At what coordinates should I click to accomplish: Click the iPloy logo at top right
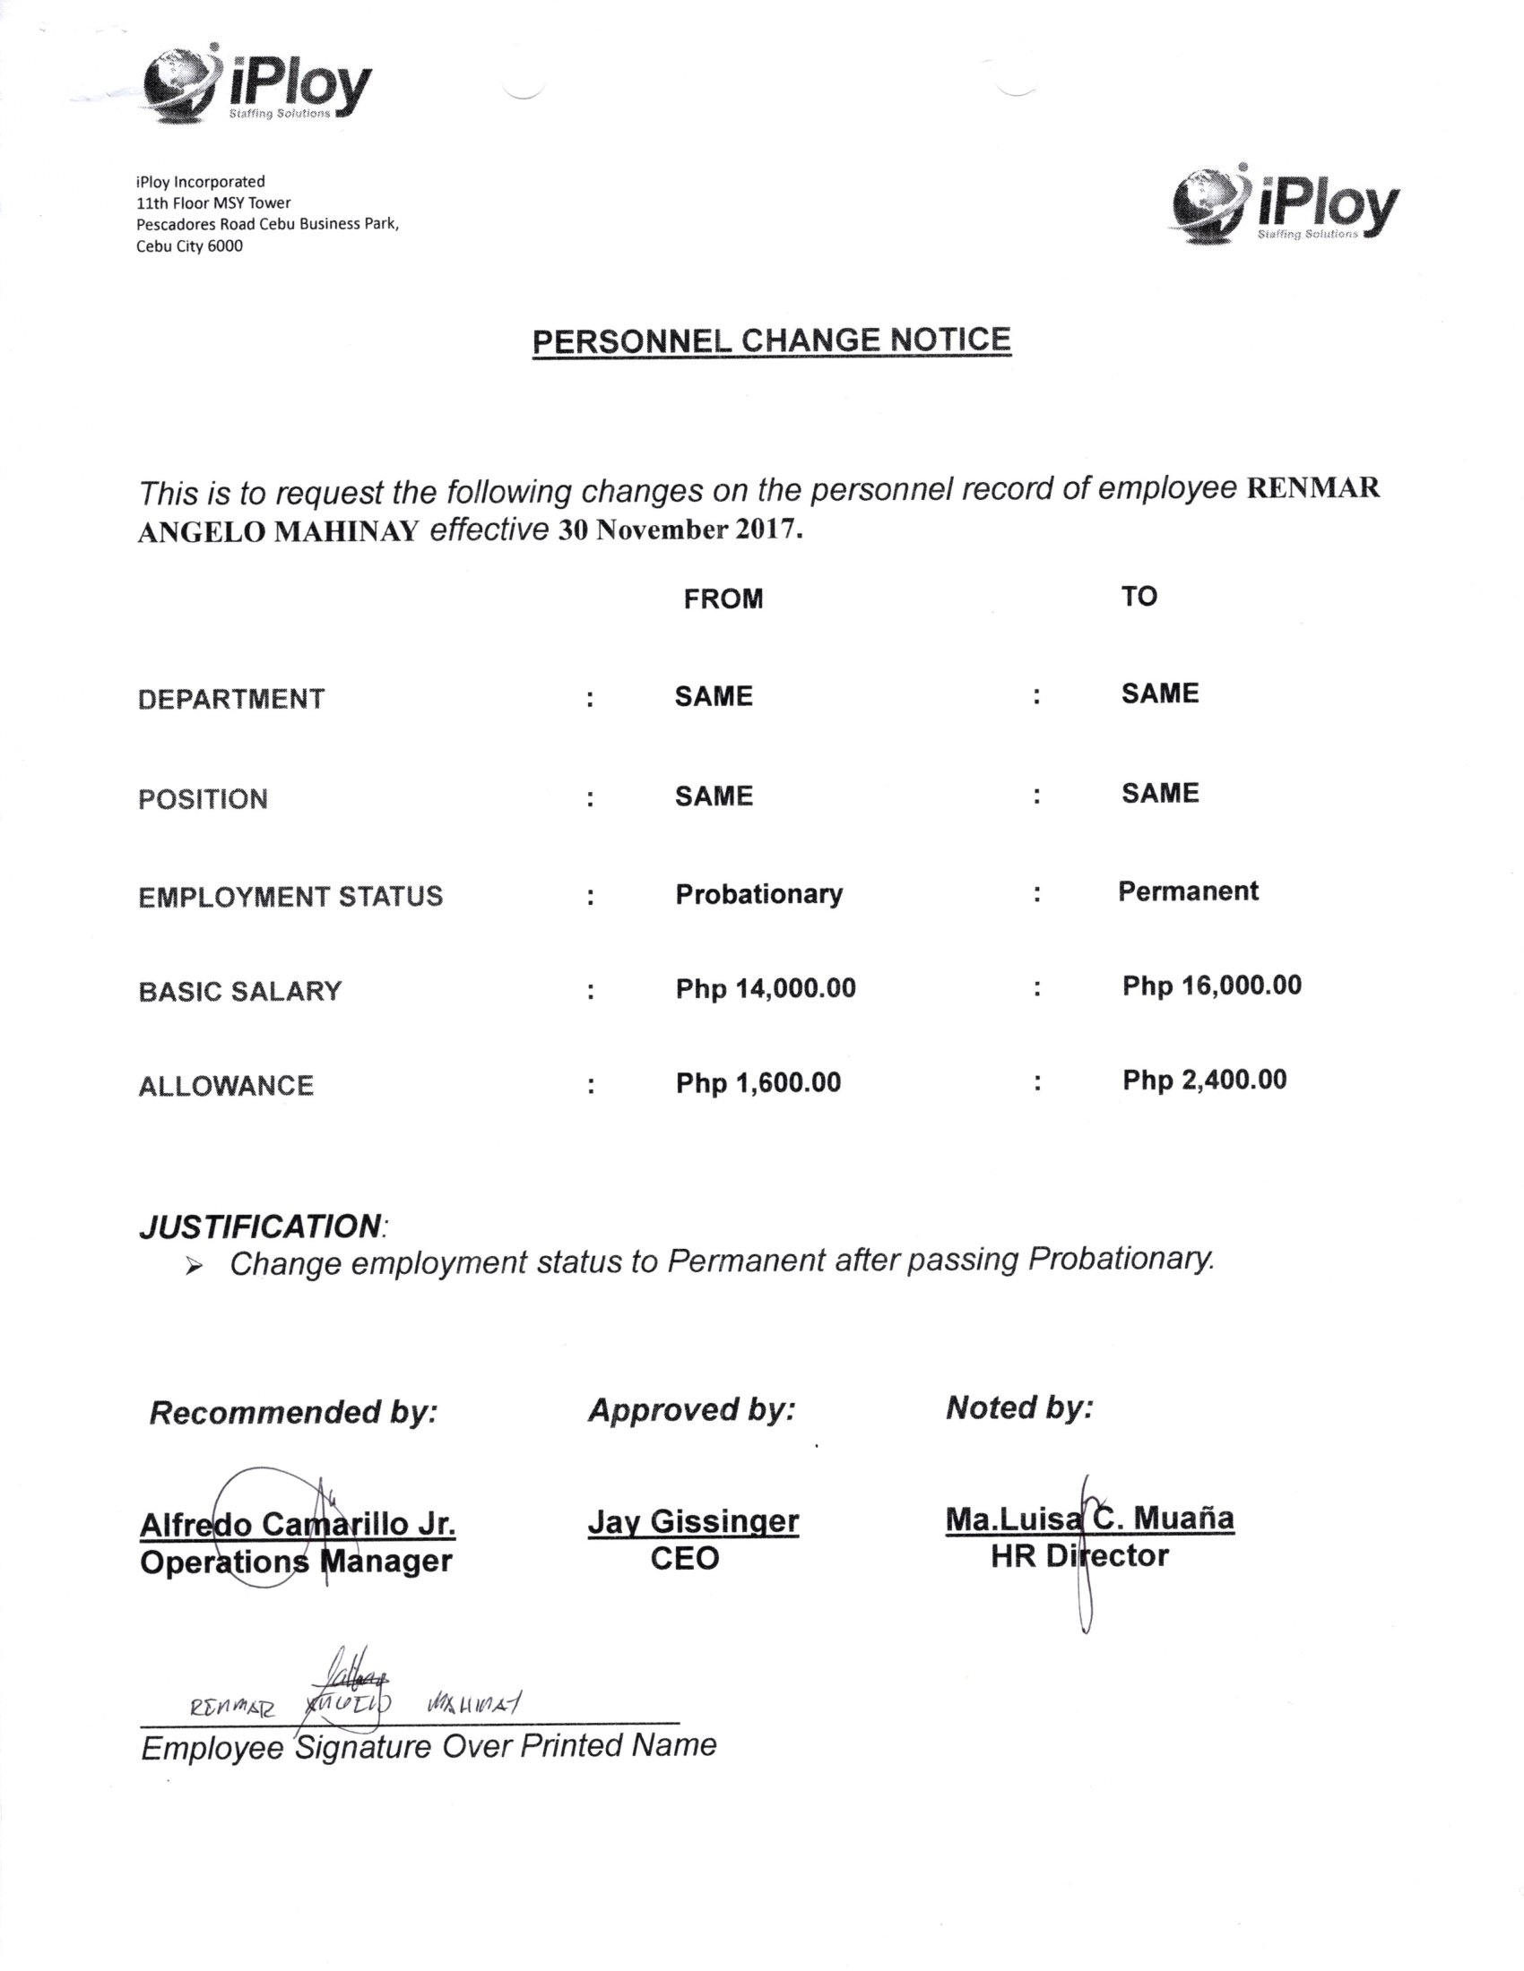point(1284,205)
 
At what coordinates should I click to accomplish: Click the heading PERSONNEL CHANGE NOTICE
point(771,341)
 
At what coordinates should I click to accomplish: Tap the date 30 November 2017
point(679,529)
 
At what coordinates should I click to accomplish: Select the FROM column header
point(723,599)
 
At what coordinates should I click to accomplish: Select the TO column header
point(1139,597)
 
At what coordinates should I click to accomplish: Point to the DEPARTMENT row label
point(231,700)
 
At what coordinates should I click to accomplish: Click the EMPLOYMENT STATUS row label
point(290,897)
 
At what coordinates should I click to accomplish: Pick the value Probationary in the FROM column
point(758,894)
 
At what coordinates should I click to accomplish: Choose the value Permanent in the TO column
point(1187,891)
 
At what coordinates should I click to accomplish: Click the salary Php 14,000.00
point(765,989)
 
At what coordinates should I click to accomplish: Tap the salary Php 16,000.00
point(1212,986)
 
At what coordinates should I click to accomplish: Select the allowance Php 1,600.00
point(758,1083)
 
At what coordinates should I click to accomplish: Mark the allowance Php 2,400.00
point(1204,1080)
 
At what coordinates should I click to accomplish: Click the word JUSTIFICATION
point(260,1227)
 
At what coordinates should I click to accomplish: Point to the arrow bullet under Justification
point(194,1267)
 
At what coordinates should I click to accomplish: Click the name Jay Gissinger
point(692,1522)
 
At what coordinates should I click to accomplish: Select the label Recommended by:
point(292,1412)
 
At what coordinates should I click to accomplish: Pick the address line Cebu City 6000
point(189,246)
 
